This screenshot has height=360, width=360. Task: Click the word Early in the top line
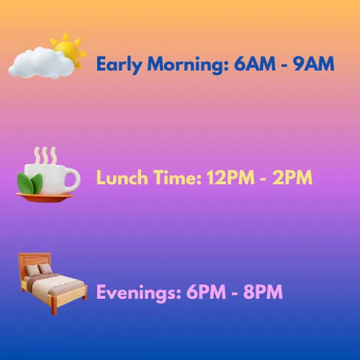click(x=120, y=65)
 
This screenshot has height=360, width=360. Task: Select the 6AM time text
click(x=255, y=63)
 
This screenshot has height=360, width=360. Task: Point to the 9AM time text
click(x=314, y=63)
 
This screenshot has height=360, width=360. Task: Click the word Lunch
click(x=122, y=177)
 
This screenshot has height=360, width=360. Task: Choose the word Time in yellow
click(x=177, y=177)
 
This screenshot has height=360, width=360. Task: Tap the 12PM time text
click(x=230, y=177)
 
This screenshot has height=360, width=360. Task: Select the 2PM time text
click(x=292, y=177)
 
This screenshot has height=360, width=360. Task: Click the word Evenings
click(x=138, y=293)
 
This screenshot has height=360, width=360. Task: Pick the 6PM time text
click(x=206, y=292)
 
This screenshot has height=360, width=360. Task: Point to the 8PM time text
click(x=263, y=292)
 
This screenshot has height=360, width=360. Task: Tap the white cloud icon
click(x=41, y=63)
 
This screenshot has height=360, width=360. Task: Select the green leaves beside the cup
click(x=30, y=184)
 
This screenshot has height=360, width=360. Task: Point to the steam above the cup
click(x=45, y=156)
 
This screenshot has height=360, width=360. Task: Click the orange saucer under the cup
click(x=45, y=197)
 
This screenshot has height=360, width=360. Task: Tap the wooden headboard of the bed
click(x=35, y=261)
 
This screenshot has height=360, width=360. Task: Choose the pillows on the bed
click(x=39, y=269)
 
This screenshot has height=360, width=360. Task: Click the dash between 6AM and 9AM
click(x=284, y=65)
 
